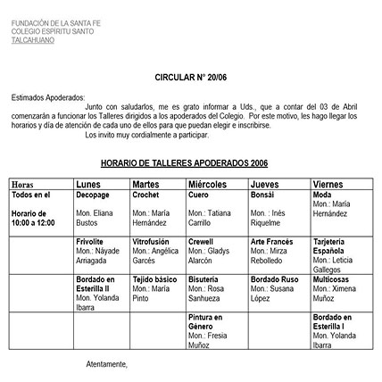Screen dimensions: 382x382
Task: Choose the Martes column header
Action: click(145, 184)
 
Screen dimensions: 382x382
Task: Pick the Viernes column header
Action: click(328, 184)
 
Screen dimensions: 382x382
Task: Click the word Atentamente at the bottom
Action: click(106, 364)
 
